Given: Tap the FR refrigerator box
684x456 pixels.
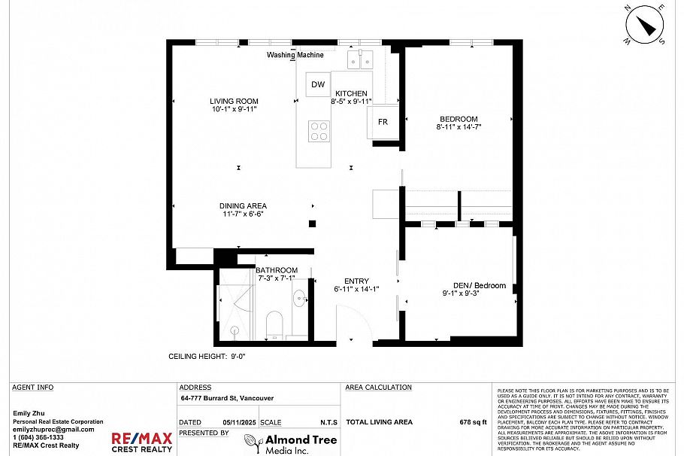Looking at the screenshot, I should (383, 122).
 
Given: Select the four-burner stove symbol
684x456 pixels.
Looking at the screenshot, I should (319, 131).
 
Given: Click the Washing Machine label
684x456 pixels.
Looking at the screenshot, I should (295, 55).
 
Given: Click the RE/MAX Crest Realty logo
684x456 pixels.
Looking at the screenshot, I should (142, 442).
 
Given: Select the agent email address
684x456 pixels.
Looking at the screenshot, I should (53, 429).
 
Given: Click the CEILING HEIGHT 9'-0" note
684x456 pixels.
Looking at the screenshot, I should (207, 357).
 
